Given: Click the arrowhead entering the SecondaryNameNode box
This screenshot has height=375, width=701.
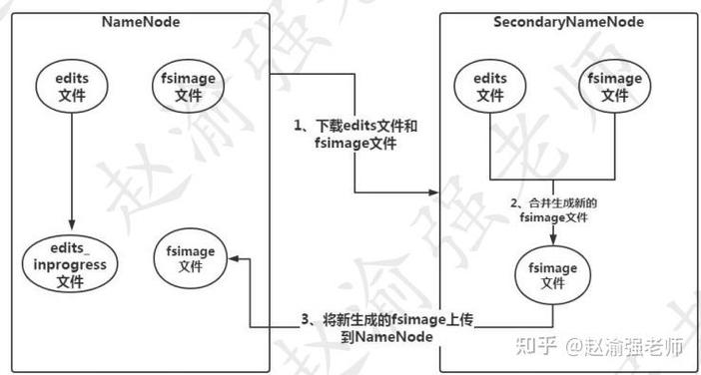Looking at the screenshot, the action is [434, 191].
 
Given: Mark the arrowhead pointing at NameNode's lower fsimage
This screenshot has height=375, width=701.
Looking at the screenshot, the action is [234, 258].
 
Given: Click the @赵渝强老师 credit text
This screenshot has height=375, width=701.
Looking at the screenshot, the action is [623, 348].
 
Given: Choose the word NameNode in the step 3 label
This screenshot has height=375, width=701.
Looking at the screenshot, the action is [391, 338].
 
